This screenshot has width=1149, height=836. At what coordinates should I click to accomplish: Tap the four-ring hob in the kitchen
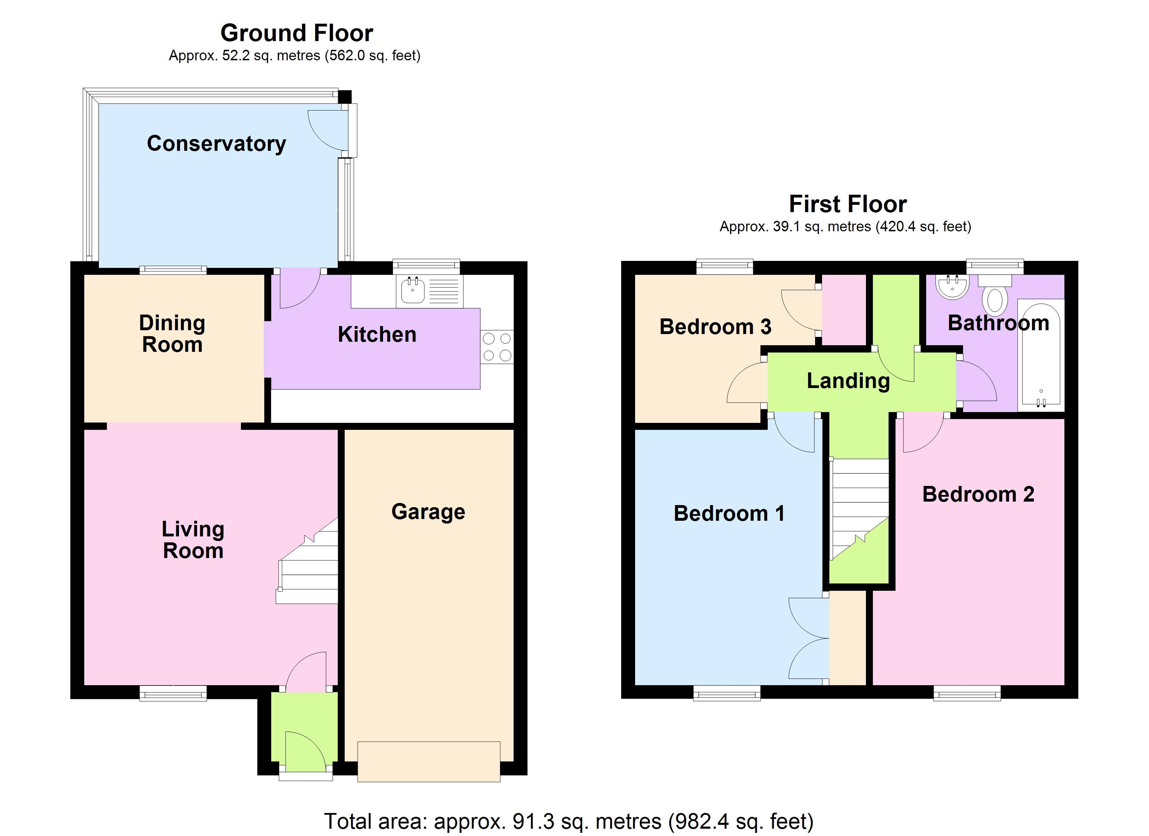[x=497, y=347]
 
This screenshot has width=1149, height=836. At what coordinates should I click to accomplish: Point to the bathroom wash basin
[x=953, y=286]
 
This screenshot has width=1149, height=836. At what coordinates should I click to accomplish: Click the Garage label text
[x=428, y=512]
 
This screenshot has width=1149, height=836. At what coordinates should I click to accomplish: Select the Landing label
[x=848, y=381]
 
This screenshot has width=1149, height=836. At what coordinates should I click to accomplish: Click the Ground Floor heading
[x=297, y=33]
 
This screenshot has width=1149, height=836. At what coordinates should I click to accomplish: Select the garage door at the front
[x=429, y=761]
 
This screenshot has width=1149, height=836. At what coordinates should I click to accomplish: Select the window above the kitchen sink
[x=426, y=267]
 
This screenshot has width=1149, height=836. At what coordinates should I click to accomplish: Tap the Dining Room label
[x=172, y=334]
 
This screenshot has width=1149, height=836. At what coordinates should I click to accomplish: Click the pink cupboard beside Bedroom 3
[x=844, y=310]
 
